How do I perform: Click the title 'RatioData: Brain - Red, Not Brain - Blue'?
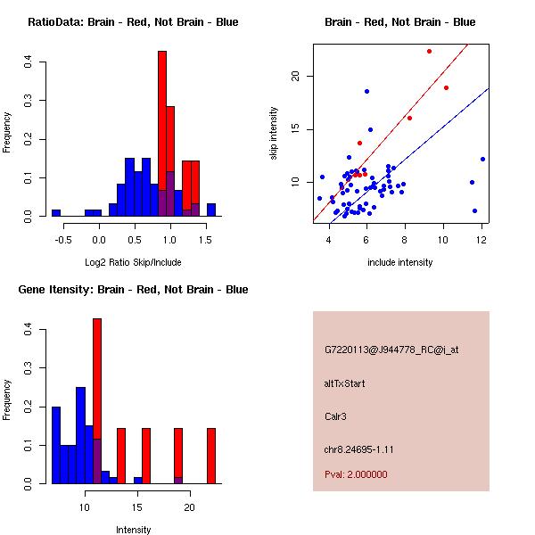pyautogui.click(x=133, y=22)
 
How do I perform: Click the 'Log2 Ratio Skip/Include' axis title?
pyautogui.click(x=133, y=262)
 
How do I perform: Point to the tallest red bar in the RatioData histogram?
pyautogui.click(x=162, y=134)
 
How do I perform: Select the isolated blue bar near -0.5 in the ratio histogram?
pyautogui.click(x=56, y=213)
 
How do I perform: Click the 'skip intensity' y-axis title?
pyautogui.click(x=276, y=134)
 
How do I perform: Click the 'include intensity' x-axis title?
pyautogui.click(x=400, y=262)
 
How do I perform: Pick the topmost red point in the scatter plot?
pyautogui.click(x=429, y=52)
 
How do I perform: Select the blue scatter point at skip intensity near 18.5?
pyautogui.click(x=366, y=91)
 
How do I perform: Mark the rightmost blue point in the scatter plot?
pyautogui.click(x=482, y=159)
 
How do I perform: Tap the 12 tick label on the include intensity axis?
pyautogui.click(x=481, y=238)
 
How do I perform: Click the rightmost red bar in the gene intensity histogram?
pyautogui.click(x=211, y=456)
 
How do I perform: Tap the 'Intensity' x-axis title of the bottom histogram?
pyautogui.click(x=133, y=530)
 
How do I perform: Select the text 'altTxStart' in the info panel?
pyautogui.click(x=345, y=383)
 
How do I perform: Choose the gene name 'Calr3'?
pyautogui.click(x=336, y=416)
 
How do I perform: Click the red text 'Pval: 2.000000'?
pyautogui.click(x=356, y=474)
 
